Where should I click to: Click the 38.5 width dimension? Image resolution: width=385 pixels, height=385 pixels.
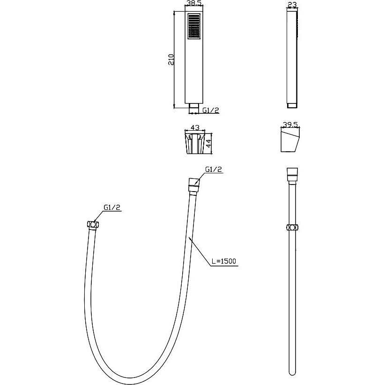point(194,3)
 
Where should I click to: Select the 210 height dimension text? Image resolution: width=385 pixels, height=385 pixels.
point(171,59)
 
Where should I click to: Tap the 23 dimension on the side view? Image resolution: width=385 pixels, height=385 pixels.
point(292,4)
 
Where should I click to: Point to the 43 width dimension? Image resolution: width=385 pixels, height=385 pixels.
point(195,127)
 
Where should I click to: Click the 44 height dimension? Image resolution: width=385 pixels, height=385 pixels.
point(208,144)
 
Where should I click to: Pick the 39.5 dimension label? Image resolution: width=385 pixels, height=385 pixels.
point(290,125)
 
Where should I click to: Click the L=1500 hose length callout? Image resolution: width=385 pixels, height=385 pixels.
point(224,261)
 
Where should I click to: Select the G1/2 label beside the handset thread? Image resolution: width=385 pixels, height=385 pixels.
point(211,110)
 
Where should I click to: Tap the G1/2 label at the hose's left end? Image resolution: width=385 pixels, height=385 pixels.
point(112,207)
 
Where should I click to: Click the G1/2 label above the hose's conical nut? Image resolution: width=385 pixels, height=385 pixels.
point(214,170)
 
